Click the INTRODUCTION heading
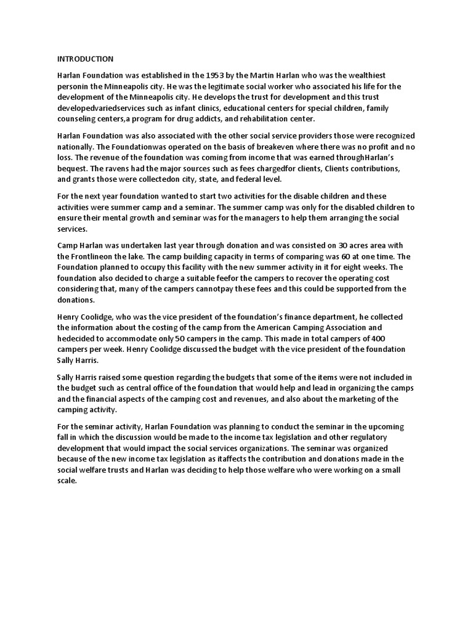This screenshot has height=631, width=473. tap(86, 59)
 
